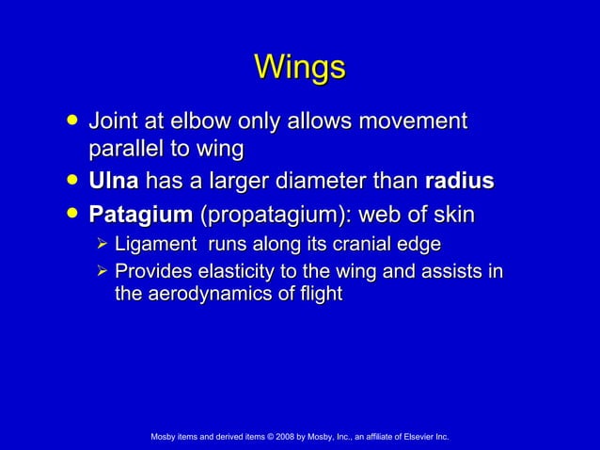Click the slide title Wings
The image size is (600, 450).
tap(300, 68)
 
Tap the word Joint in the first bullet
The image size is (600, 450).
tap(113, 121)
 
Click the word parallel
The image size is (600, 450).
tap(124, 149)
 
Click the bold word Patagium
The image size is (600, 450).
tap(139, 215)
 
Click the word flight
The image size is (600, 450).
tap(320, 295)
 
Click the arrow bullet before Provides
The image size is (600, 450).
tap(103, 273)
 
